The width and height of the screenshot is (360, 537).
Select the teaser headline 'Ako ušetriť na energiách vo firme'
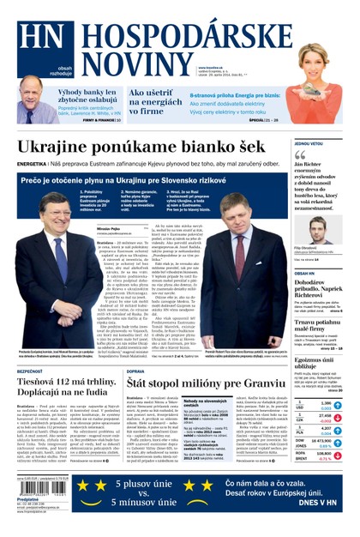pos(154,101)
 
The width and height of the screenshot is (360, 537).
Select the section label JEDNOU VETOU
pos(310,143)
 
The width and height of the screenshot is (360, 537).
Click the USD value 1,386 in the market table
pos(324,403)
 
